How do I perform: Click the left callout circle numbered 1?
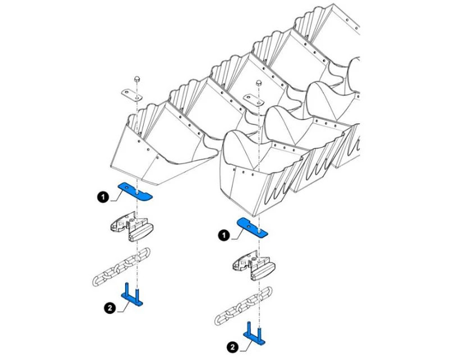(x=103, y=197)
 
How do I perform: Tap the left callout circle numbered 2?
(x=109, y=308)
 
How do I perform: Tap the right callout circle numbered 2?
(x=232, y=347)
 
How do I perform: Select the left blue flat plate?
(x=135, y=191)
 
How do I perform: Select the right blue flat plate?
(x=252, y=228)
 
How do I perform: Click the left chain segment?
(x=121, y=267)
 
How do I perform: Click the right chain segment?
(x=244, y=306)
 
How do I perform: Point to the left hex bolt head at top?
(x=137, y=79)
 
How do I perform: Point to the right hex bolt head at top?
(x=259, y=83)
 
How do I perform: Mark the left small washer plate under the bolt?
(x=131, y=95)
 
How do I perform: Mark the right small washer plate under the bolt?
(x=254, y=100)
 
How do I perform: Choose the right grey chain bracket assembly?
(x=254, y=265)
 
